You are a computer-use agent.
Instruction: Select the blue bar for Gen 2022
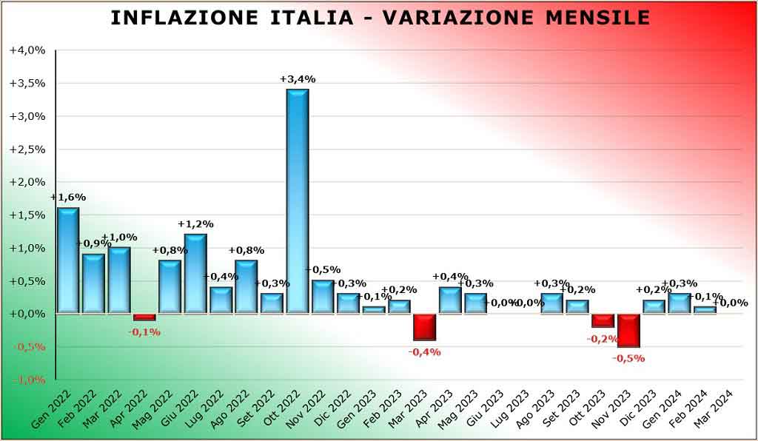click(x=68, y=260)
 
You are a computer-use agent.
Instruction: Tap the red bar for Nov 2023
click(x=628, y=330)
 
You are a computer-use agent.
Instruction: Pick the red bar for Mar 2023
click(x=424, y=327)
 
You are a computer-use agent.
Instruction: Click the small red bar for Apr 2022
click(x=144, y=317)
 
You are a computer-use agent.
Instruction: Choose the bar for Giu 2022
click(x=195, y=274)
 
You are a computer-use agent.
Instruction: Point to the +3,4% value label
click(x=298, y=79)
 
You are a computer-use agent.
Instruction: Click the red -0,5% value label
click(x=628, y=358)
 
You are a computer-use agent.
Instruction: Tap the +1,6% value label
click(x=68, y=198)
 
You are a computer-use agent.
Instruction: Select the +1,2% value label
click(x=195, y=223)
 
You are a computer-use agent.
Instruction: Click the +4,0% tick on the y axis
click(x=27, y=50)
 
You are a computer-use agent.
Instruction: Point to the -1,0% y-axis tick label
click(x=27, y=380)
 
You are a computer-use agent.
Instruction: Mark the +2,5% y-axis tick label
click(x=27, y=149)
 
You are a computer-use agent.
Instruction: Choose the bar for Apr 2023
click(x=450, y=300)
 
